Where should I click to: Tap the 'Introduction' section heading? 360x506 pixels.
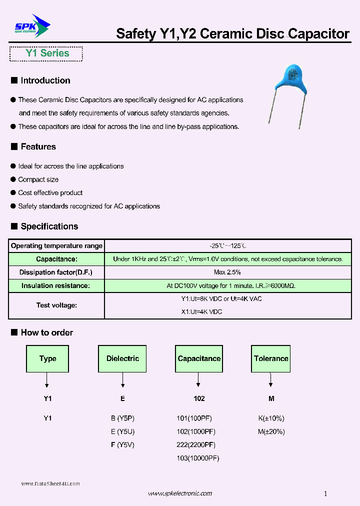tap(45, 80)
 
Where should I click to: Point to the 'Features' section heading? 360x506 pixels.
tap(38, 146)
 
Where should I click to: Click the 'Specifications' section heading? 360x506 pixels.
tap(49, 226)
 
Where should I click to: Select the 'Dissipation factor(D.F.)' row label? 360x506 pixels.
tap(56, 272)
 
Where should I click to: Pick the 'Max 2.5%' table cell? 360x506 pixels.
tap(227, 272)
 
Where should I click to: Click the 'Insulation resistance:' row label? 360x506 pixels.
tap(56, 285)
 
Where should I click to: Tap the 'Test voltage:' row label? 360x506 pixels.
tap(56, 305)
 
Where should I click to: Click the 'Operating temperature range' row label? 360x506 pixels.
tap(56, 246)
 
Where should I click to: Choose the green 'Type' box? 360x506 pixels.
tap(47, 358)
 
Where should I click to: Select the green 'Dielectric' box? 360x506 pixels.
tap(122, 358)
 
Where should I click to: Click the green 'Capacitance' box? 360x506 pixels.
tap(199, 358)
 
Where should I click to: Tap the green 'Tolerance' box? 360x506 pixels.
tap(271, 358)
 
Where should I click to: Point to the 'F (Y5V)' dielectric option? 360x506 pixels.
tap(122, 445)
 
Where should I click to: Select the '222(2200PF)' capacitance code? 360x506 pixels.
tap(196, 445)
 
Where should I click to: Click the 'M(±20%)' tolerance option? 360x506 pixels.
tap(271, 431)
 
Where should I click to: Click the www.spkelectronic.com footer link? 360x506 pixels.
tap(180, 493)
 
